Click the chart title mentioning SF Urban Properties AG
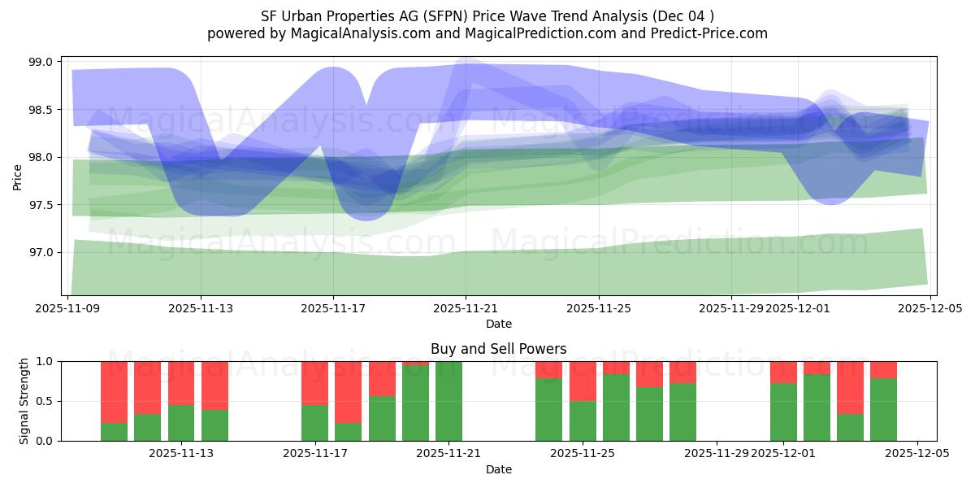point(487,16)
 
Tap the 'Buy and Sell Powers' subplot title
point(498,349)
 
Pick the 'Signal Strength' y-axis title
point(24,400)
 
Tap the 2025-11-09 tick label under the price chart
point(68,309)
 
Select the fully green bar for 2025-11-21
point(449,401)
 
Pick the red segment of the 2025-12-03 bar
point(850,387)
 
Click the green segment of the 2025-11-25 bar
point(583,420)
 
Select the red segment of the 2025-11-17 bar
point(315,382)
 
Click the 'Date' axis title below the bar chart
point(498,469)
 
